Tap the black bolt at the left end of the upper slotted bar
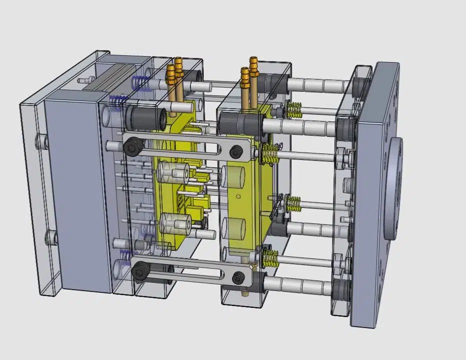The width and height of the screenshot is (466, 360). (132, 146)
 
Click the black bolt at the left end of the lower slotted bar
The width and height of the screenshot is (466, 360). (138, 271)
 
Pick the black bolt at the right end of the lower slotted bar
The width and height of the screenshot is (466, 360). (239, 276)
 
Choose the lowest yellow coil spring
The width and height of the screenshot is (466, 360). (269, 258)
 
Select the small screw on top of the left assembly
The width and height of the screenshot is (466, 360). (85, 79)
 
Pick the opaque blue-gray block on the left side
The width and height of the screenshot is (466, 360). (75, 195)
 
